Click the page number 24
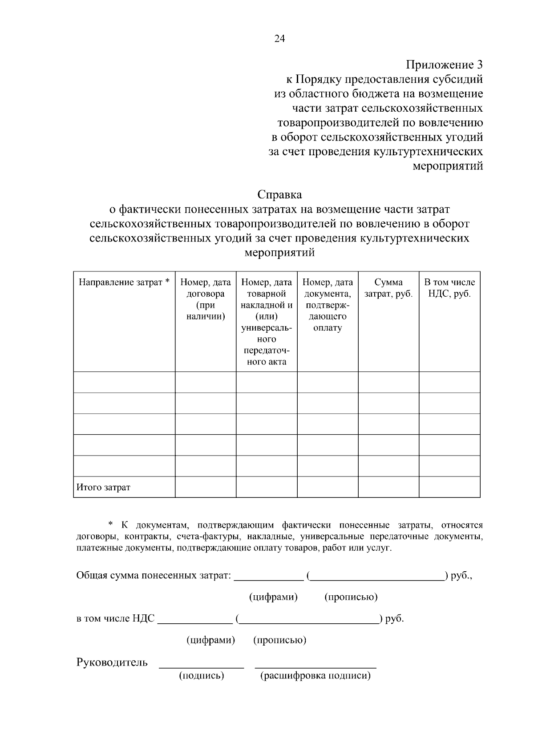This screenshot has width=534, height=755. point(279,38)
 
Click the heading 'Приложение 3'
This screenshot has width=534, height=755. point(444,65)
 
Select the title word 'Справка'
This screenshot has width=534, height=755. point(279,194)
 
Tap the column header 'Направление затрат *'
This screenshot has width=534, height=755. point(124,283)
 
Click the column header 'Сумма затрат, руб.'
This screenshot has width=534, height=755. point(388,288)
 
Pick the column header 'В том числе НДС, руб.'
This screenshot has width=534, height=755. point(449,288)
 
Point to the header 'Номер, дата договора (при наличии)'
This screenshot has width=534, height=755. point(206,299)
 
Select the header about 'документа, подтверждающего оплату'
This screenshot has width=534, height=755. point(328,305)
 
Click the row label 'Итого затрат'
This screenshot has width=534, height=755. point(104,487)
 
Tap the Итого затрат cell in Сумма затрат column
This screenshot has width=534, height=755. point(388,487)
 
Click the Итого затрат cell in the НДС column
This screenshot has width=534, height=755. point(449,487)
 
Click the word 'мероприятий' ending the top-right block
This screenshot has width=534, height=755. point(448,166)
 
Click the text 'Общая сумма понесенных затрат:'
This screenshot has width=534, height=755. point(154,576)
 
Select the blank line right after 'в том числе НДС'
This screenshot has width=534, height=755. point(195,622)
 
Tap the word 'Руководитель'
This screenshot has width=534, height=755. point(112,662)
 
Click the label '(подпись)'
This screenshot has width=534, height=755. point(202,676)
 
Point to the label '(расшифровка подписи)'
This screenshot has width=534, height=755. point(315,676)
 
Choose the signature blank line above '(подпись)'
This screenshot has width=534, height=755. point(202,667)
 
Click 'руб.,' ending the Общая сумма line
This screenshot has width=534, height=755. point(461,576)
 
